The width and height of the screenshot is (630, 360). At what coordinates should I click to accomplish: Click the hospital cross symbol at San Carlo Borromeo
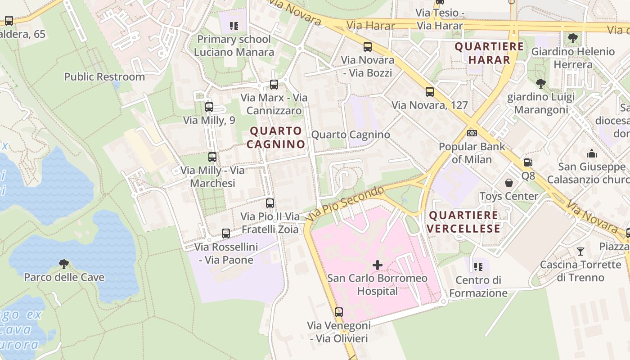[378, 265]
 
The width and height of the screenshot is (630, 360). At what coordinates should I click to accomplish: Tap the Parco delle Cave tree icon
[64, 264]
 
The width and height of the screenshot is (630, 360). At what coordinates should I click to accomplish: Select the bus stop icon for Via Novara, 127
[430, 92]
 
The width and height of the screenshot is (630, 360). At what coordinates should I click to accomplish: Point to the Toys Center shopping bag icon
[509, 183]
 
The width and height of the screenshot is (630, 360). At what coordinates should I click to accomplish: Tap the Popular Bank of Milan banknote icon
[472, 133]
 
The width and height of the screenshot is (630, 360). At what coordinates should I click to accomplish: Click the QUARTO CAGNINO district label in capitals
[276, 138]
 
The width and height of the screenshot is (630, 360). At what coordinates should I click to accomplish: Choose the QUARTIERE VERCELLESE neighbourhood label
[463, 222]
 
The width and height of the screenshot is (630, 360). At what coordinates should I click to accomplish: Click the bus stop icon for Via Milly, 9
[209, 107]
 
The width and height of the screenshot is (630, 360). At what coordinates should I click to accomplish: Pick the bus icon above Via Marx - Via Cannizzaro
[274, 84]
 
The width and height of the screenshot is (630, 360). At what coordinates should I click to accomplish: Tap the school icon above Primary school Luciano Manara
[234, 26]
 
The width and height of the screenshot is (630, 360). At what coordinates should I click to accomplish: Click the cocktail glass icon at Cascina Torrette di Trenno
[580, 251]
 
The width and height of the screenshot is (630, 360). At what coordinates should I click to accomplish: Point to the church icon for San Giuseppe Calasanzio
[592, 153]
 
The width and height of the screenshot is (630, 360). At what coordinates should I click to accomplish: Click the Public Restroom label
[104, 76]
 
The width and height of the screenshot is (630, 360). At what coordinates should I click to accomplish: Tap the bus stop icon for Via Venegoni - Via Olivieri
[339, 312]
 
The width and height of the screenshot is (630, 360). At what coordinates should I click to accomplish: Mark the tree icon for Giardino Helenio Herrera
[572, 38]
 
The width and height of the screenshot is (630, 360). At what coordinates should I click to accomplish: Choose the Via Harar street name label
[371, 26]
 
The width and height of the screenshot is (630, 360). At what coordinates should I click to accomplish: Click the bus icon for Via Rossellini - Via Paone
[226, 234]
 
